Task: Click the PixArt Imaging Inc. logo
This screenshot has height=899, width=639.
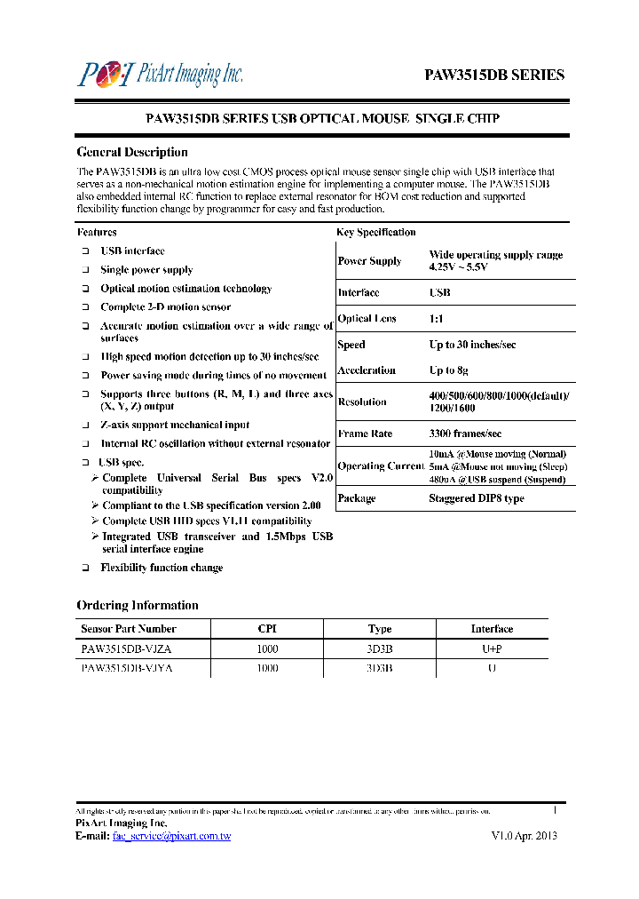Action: (160, 73)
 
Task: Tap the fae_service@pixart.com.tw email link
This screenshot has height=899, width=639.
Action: (171, 836)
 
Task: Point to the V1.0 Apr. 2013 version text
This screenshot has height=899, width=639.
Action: (524, 836)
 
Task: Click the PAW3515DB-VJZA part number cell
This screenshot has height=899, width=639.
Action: (127, 648)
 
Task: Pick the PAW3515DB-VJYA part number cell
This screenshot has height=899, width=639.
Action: (127, 668)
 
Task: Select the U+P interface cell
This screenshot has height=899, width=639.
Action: (492, 648)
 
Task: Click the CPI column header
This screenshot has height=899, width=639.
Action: (267, 629)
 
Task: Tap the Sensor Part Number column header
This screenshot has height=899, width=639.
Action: (122, 629)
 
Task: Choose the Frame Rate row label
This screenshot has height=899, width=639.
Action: (365, 434)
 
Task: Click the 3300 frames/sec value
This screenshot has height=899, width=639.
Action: (465, 434)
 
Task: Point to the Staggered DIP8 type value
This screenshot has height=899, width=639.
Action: (476, 498)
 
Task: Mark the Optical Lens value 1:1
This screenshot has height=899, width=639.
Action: (438, 319)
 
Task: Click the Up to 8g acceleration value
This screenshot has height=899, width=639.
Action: (448, 370)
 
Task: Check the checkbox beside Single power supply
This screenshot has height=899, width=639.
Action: (86, 270)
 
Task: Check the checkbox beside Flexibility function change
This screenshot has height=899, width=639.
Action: (86, 568)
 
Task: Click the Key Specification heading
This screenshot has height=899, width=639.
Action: (375, 232)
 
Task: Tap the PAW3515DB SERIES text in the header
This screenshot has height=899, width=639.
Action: (493, 75)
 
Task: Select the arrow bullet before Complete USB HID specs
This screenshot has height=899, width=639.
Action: (95, 521)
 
